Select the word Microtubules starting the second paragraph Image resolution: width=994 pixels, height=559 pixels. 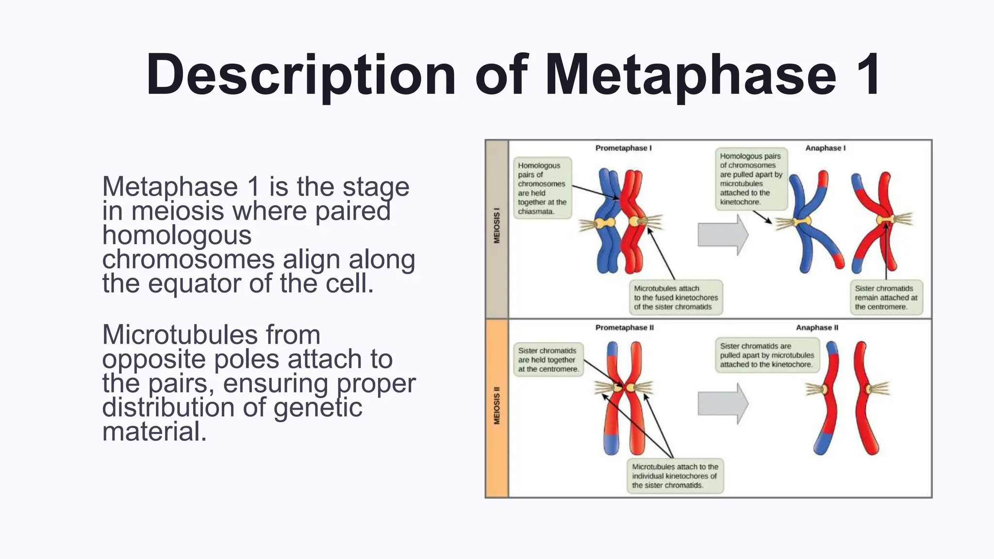[211, 335]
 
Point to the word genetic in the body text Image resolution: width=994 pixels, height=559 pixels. [317, 407]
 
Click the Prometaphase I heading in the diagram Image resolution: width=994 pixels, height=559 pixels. [623, 148]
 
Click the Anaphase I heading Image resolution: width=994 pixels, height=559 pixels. [825, 148]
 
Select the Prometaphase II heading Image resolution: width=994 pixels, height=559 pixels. [624, 328]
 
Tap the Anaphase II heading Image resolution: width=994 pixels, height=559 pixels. [817, 328]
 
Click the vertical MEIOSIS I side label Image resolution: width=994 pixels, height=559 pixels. [497, 226]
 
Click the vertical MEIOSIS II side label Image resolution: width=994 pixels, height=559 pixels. [497, 405]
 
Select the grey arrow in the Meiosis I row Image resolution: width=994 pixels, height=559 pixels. [722, 235]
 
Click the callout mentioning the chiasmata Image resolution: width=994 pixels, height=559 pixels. [542, 188]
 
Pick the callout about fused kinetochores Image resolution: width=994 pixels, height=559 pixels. [675, 297]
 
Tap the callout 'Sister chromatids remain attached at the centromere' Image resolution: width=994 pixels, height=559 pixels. [886, 297]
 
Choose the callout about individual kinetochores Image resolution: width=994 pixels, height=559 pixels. [675, 476]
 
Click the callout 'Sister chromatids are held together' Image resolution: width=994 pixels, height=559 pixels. [548, 360]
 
